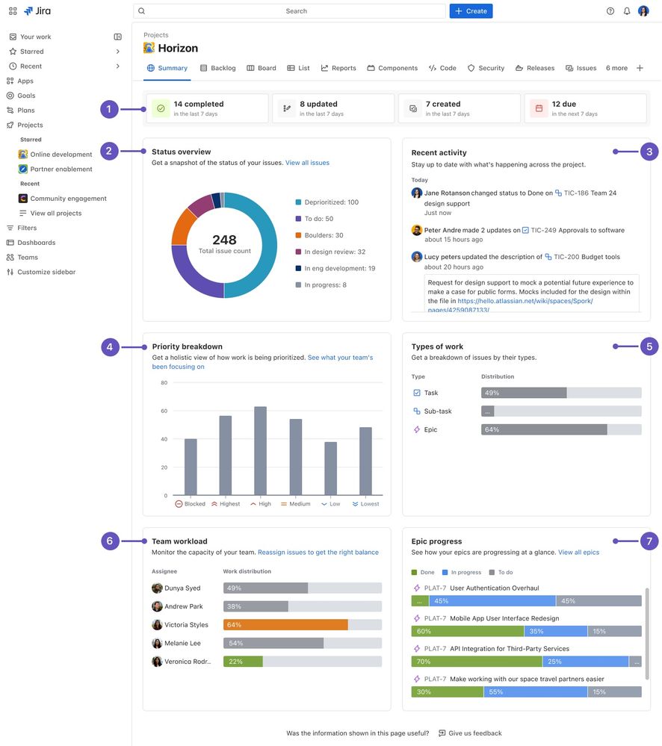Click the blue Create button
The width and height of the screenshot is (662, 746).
pyautogui.click(x=471, y=11)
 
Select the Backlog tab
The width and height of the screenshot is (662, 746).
pyautogui.click(x=218, y=68)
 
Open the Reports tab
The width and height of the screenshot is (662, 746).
pyautogui.click(x=338, y=68)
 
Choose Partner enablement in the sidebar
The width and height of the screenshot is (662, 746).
pyautogui.click(x=61, y=170)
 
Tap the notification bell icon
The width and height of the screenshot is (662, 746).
pyautogui.click(x=627, y=11)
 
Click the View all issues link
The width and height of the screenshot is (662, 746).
pyautogui.click(x=307, y=163)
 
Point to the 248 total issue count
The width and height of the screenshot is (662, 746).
pyautogui.click(x=224, y=240)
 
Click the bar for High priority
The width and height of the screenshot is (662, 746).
pyautogui.click(x=260, y=451)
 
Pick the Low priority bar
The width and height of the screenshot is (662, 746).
pyautogui.click(x=330, y=468)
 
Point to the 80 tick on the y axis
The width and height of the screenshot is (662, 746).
pyautogui.click(x=164, y=383)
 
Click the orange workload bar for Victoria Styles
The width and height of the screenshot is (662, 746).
pyautogui.click(x=285, y=625)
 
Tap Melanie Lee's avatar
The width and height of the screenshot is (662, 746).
pyautogui.click(x=157, y=643)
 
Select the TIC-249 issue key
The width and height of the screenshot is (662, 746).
pyautogui.click(x=544, y=230)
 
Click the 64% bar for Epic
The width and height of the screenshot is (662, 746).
pyautogui.click(x=544, y=429)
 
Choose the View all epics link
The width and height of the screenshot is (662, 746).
pyautogui.click(x=578, y=553)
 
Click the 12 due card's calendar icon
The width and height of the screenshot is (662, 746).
pyautogui.click(x=538, y=108)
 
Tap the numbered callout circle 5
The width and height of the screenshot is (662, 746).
pyautogui.click(x=649, y=346)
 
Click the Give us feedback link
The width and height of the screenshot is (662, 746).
pyautogui.click(x=470, y=733)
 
